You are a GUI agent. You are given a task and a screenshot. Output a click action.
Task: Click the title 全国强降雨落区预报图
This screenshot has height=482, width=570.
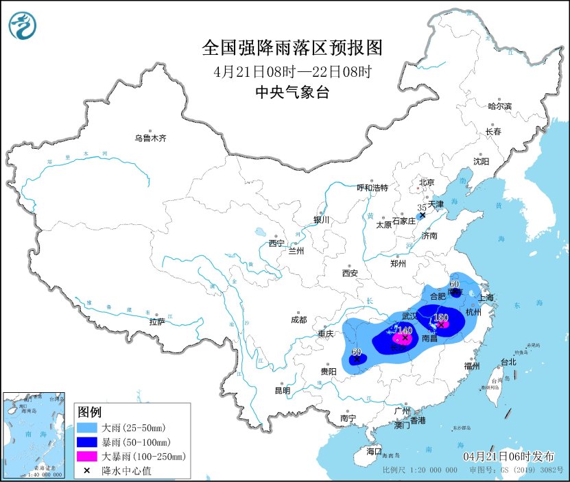[292, 48]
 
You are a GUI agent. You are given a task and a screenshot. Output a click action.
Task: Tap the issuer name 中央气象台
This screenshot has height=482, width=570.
[292, 93]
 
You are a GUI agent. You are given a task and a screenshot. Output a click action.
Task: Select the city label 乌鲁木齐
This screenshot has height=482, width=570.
[150, 138]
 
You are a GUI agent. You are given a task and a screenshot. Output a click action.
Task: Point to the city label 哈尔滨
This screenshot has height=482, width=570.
[499, 106]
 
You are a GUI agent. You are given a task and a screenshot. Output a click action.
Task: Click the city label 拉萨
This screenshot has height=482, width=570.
[156, 322]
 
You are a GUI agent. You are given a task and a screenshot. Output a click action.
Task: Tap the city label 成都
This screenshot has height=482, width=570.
[298, 320]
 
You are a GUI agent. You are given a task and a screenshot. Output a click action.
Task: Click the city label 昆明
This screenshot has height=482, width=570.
[283, 390]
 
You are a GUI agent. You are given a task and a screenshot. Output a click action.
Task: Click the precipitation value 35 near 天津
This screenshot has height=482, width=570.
[422, 207]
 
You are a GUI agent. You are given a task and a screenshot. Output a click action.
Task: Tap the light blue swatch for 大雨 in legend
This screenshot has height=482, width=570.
[87, 427]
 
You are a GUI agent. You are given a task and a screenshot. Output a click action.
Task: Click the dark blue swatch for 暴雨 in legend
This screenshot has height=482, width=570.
[87, 442]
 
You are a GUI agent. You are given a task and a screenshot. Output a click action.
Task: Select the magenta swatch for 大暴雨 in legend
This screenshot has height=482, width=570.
[87, 456]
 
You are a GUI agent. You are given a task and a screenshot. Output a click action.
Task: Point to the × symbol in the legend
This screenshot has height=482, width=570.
[87, 470]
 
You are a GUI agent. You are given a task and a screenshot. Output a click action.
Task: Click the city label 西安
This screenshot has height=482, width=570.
[349, 273]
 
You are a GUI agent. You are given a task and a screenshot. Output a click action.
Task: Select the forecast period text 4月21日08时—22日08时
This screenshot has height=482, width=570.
[292, 71]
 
